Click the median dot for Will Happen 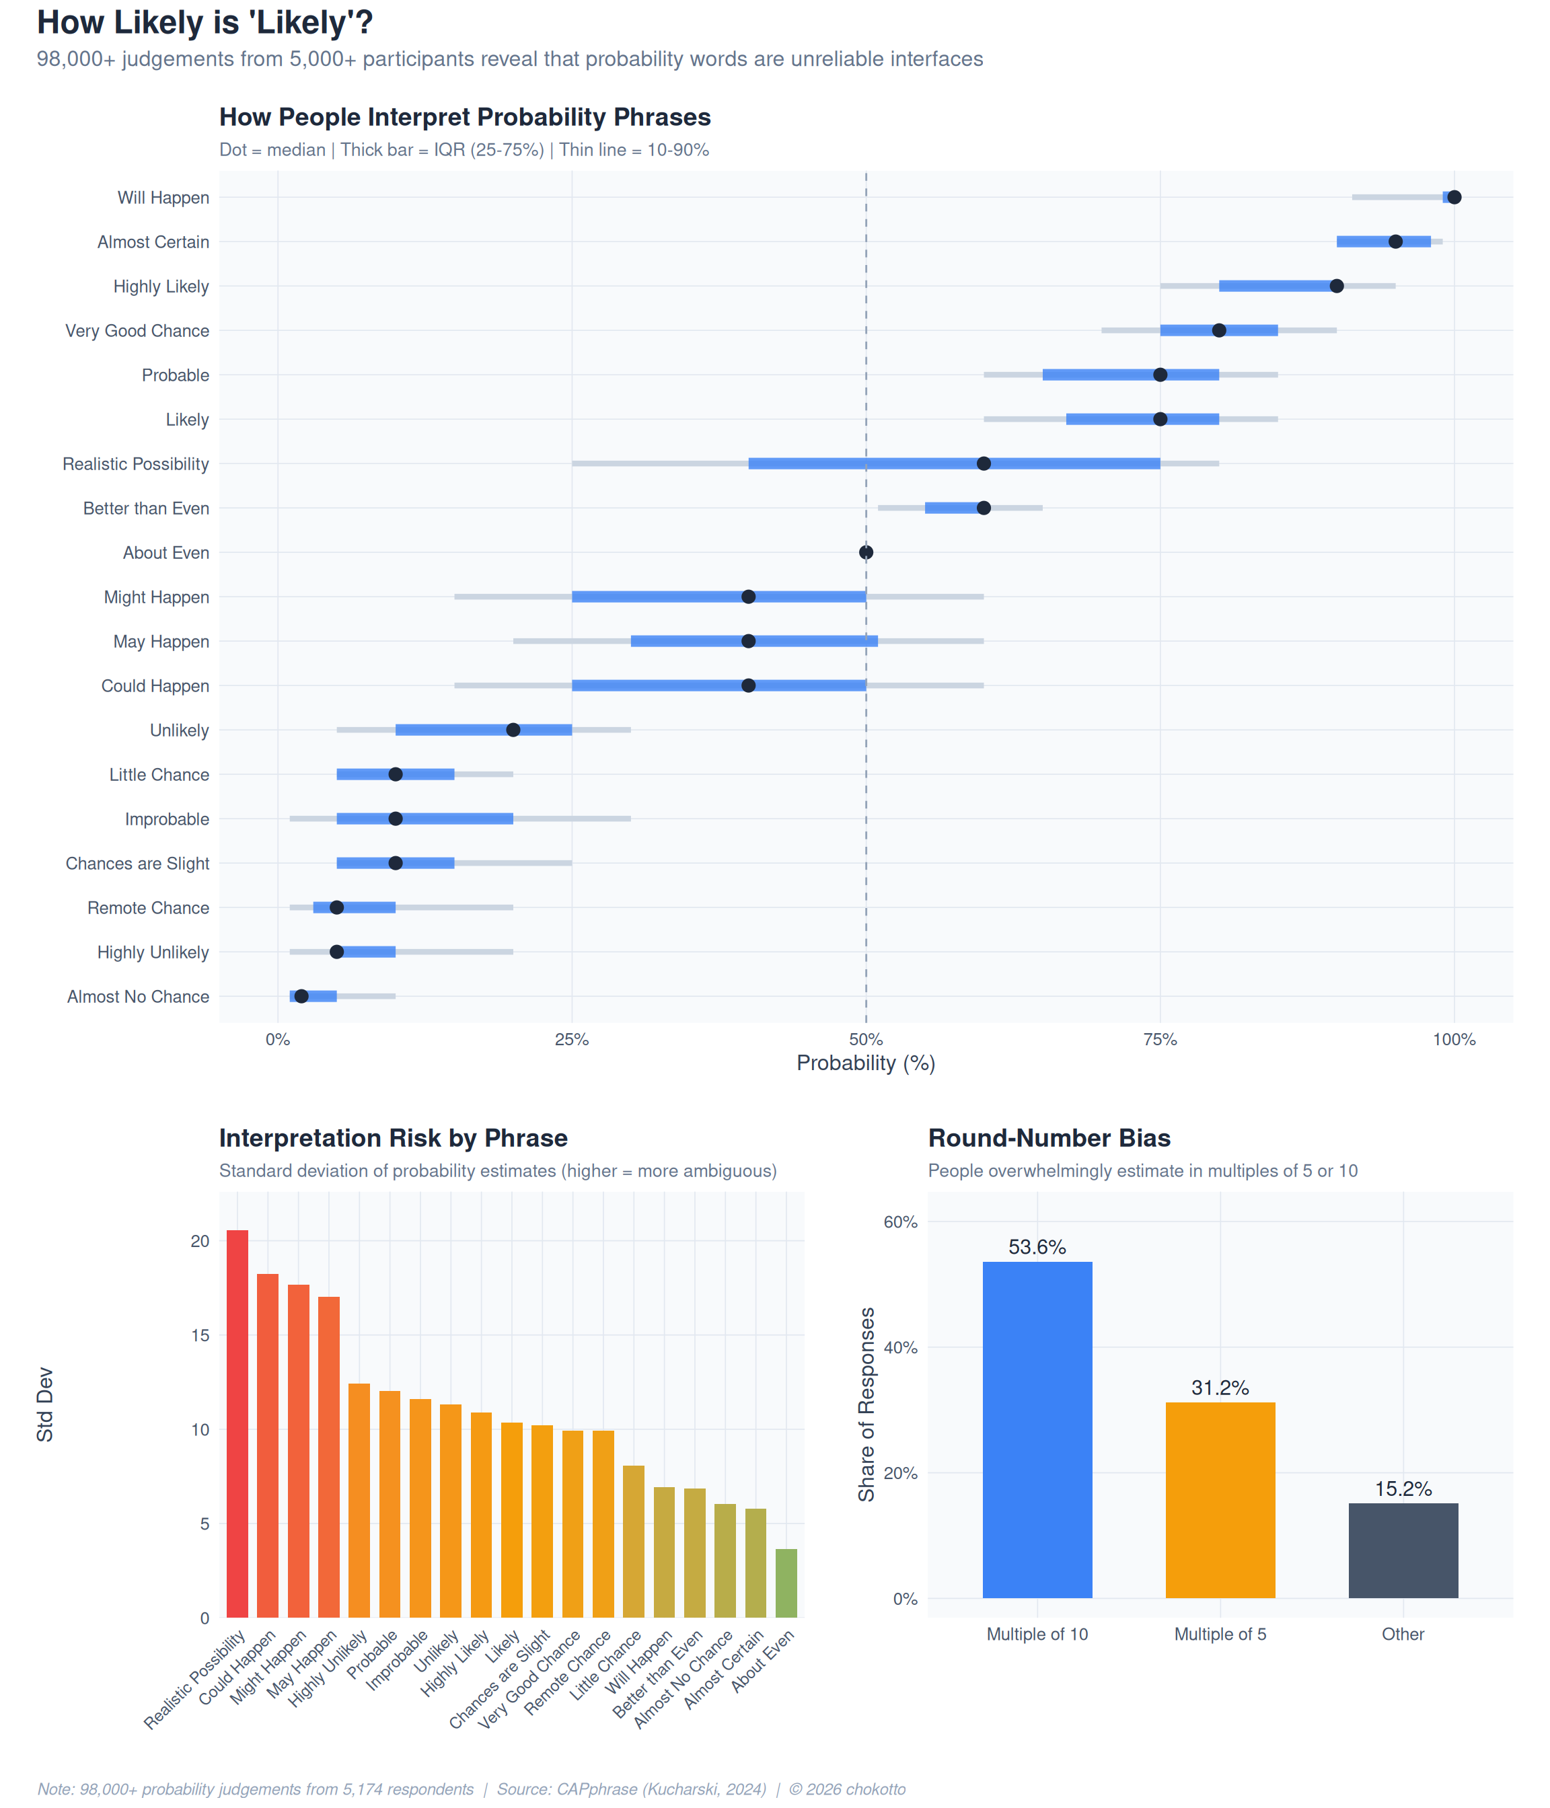point(1454,197)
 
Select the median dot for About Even point(866,552)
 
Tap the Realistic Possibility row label point(135,464)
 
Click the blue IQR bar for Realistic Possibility point(873,463)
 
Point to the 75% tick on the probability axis point(1160,1039)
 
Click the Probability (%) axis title point(866,1063)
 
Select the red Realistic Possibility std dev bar point(237,1423)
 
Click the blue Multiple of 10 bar point(1037,1431)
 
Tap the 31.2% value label point(1220,1388)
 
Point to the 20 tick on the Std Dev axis point(200,1241)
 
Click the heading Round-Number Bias point(1049,1138)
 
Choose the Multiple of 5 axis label point(1220,1634)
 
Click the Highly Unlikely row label point(153,952)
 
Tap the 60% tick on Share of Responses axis point(901,1221)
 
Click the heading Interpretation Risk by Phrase point(393,1138)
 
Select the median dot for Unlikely point(513,730)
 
